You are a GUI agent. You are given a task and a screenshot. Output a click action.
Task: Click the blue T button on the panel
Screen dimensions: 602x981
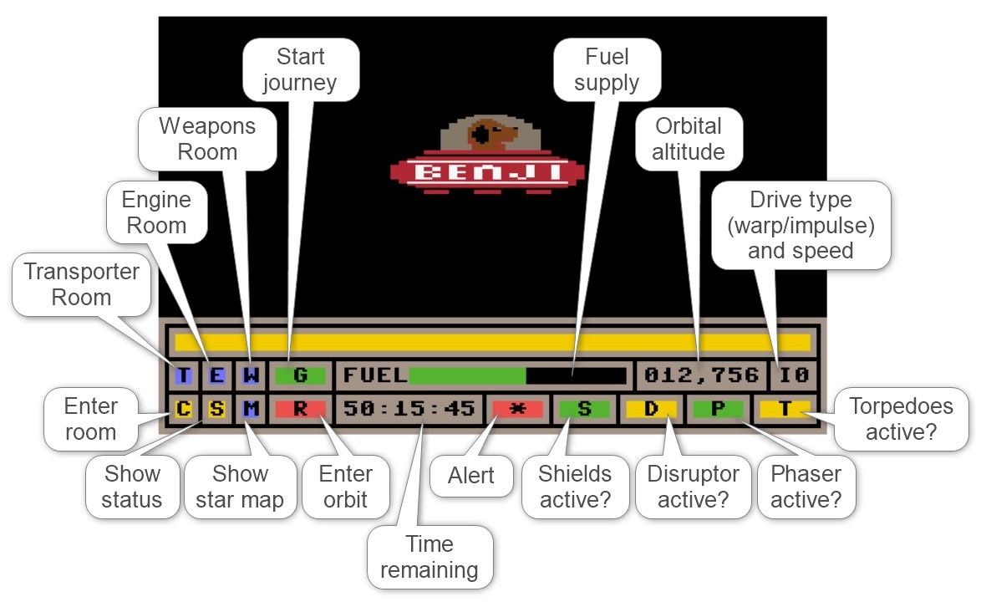point(183,375)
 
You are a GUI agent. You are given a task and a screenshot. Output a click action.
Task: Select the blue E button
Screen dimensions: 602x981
point(216,375)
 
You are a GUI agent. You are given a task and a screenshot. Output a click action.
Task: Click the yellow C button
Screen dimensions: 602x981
point(183,409)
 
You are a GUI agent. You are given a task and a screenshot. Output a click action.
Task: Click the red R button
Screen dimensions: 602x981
point(300,409)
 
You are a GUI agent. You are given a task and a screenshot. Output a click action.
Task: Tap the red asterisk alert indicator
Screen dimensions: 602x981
point(517,409)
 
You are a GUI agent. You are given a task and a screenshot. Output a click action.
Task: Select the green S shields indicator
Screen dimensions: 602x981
point(584,409)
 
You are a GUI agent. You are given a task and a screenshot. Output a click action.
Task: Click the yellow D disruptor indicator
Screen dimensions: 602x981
point(651,409)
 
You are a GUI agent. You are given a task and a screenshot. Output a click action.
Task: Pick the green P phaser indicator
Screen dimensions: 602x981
point(718,409)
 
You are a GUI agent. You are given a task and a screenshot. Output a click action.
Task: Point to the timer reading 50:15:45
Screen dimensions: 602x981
point(409,409)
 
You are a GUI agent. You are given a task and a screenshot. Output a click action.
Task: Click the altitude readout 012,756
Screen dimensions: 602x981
point(701,375)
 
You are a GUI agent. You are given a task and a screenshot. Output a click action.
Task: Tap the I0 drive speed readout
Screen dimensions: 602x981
point(794,375)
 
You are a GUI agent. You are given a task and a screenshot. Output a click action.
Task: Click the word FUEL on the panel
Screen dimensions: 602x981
point(374,375)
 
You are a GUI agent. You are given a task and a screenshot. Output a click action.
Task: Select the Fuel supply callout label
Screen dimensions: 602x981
point(607,70)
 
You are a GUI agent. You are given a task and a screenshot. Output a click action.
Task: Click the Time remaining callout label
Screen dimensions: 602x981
point(430,558)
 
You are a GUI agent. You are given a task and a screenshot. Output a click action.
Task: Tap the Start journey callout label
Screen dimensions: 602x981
point(300,70)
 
